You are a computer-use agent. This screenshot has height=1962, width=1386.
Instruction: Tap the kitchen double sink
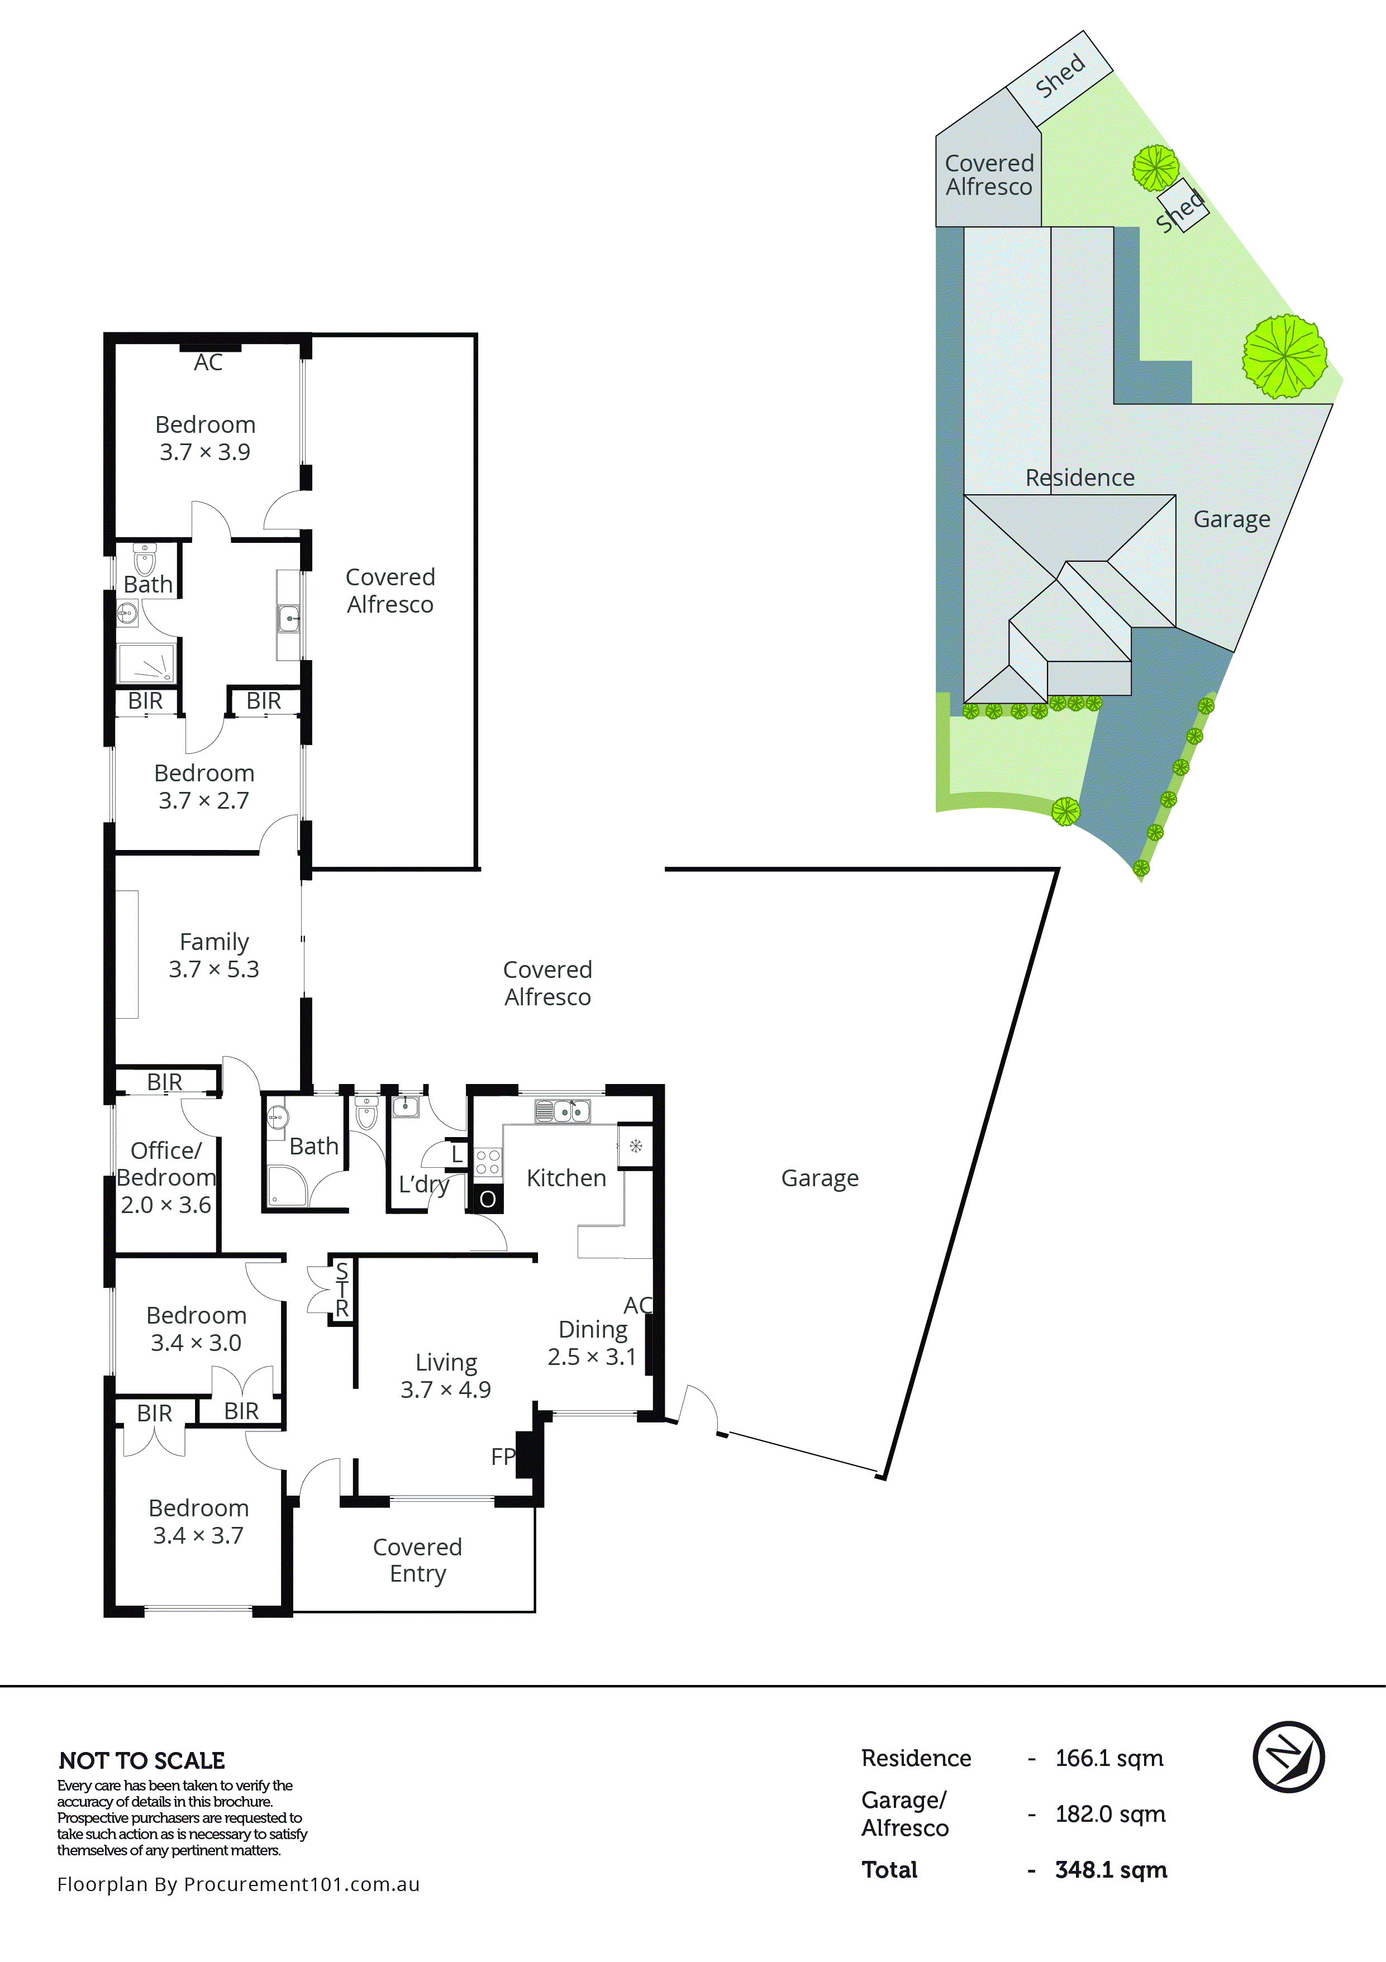(562, 1111)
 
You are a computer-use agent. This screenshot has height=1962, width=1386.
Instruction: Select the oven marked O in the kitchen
(487, 1199)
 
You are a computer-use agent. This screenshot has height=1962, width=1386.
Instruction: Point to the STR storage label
(342, 1290)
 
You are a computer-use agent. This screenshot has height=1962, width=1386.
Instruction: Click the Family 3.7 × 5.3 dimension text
(213, 969)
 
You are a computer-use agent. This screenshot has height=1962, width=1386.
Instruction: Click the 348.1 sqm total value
(1111, 1870)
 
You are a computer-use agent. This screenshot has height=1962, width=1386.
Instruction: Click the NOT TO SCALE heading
(142, 1760)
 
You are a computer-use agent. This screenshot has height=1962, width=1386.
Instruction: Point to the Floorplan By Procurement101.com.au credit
(239, 1884)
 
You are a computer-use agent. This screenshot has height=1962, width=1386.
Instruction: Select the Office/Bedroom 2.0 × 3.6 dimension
(166, 1205)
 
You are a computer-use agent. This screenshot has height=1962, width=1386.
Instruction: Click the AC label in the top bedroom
(208, 362)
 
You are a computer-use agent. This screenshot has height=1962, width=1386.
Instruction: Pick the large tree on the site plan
(1284, 356)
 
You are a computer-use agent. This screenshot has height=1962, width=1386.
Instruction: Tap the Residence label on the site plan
(1080, 478)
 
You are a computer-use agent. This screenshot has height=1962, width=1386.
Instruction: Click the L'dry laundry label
(424, 1185)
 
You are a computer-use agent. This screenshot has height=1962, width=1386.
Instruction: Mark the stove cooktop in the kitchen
(488, 1162)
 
